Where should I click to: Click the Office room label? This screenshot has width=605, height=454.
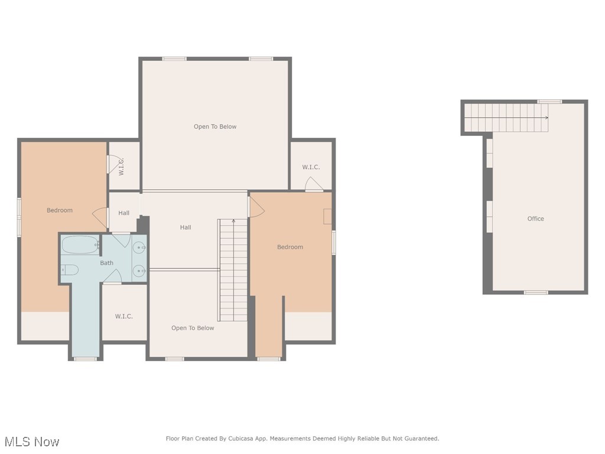click(x=535, y=219)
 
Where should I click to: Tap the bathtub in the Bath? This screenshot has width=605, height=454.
click(x=80, y=245)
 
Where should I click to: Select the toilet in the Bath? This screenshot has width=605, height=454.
click(x=70, y=270)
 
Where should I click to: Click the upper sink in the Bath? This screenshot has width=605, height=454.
click(x=139, y=247)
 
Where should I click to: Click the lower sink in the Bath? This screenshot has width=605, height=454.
click(x=139, y=271)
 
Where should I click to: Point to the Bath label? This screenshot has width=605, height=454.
click(x=107, y=263)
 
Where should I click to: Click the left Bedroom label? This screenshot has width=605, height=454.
click(x=60, y=210)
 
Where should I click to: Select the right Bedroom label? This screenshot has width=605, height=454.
click(x=290, y=247)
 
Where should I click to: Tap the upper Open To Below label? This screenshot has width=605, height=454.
click(x=215, y=127)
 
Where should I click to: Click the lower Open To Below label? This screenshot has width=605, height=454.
click(x=193, y=328)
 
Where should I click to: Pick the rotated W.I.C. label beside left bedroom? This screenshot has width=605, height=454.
click(x=121, y=166)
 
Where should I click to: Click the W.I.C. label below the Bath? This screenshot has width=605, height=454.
click(x=124, y=316)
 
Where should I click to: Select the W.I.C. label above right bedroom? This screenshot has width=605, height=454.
click(x=311, y=167)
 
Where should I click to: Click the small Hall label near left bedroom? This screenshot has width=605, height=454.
click(x=124, y=213)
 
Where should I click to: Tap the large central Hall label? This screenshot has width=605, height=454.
click(x=186, y=228)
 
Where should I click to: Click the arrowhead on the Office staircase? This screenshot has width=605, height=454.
click(x=547, y=118)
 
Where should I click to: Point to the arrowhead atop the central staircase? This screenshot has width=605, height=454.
click(x=233, y=221)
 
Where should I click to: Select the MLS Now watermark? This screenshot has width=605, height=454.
click(x=32, y=442)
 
